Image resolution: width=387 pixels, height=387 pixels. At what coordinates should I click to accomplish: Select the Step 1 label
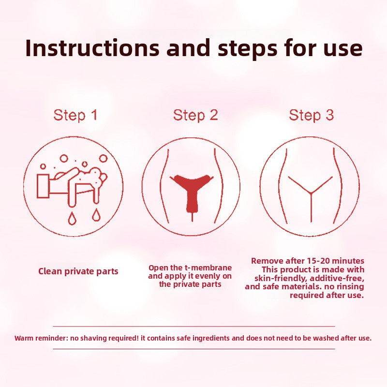pyautogui.click(x=75, y=115)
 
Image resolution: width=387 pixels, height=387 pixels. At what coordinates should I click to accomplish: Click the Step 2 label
pyautogui.click(x=195, y=115)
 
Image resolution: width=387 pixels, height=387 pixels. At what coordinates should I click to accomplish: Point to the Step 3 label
pyautogui.click(x=312, y=115)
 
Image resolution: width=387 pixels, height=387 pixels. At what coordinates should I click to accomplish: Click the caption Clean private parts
pyautogui.click(x=78, y=271)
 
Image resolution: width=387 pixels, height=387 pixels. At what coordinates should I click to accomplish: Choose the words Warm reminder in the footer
pyautogui.click(x=41, y=338)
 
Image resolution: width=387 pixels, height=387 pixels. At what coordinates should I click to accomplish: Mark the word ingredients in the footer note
pyautogui.click(x=209, y=338)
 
